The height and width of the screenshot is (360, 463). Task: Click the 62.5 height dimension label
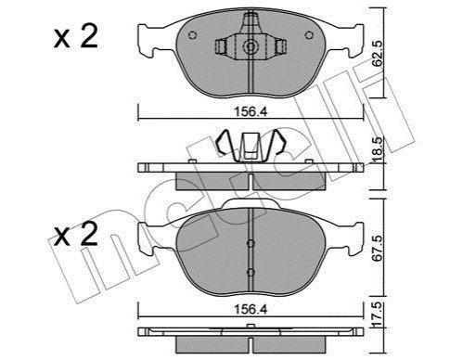(378, 54)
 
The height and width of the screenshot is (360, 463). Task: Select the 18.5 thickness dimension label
(378, 149)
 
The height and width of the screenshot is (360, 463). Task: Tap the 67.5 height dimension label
(378, 248)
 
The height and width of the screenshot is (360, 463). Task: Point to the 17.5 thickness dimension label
(378, 315)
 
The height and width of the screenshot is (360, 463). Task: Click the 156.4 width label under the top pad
(251, 111)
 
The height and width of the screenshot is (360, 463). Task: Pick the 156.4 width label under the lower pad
(251, 309)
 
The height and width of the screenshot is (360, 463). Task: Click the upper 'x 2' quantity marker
(75, 36)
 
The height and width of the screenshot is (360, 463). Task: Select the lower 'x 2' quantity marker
(75, 234)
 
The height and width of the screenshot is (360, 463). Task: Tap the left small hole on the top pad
(192, 35)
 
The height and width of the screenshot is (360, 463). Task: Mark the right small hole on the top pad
(309, 35)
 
